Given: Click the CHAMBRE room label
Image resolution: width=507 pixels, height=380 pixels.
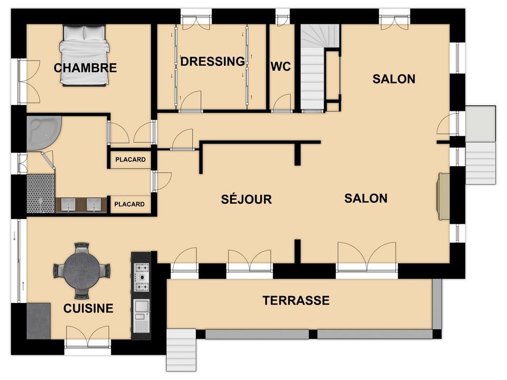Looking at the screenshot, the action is (86, 68).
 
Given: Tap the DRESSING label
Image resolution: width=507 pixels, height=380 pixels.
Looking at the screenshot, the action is (212, 61).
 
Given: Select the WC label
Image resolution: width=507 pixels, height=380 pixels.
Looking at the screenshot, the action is (280, 66).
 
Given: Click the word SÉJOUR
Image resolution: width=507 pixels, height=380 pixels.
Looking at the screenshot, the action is (247, 199).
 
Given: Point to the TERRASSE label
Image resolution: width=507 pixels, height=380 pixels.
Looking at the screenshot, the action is (296, 300).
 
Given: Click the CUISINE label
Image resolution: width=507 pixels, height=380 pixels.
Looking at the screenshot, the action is (88, 308).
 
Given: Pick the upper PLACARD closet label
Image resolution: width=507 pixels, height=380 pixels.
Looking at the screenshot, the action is (130, 159).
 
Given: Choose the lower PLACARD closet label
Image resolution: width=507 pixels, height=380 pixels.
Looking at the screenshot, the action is (129, 204).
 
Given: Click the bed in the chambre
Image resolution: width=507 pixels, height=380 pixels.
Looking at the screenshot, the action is (84, 55).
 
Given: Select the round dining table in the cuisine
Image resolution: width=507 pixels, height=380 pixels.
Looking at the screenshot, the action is (82, 271).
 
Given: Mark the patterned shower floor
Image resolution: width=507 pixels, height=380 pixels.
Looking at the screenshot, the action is (41, 194).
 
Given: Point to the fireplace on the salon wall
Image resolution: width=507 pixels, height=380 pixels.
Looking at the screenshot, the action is (443, 196).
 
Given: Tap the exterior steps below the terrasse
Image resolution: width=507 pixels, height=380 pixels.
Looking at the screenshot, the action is (181, 350).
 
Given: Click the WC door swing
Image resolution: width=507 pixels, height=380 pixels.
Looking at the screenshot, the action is (282, 102).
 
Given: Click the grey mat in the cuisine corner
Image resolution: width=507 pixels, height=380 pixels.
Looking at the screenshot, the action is (39, 321).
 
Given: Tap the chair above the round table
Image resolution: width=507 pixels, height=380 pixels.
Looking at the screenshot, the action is (81, 248).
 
